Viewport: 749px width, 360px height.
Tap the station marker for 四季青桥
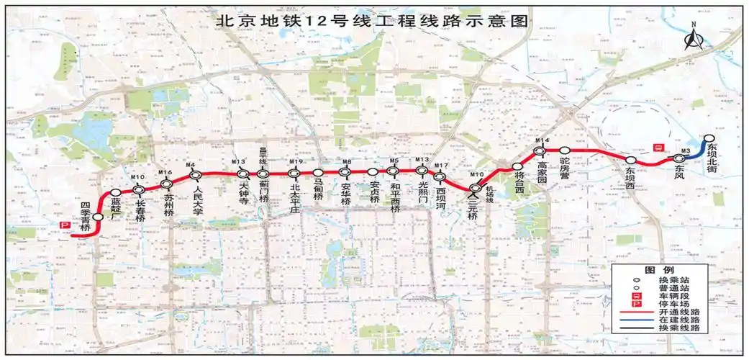[x=97, y=217]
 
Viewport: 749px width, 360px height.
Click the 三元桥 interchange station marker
[x=475, y=189]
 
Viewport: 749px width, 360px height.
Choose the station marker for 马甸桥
[x=318, y=173]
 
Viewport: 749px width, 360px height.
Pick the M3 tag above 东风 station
[x=685, y=150]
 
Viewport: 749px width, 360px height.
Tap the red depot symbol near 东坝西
[x=657, y=146]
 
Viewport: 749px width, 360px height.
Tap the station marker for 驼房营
[x=566, y=150]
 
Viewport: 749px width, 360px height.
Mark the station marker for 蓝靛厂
[x=115, y=192]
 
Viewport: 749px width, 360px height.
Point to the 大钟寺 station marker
[x=243, y=174]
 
